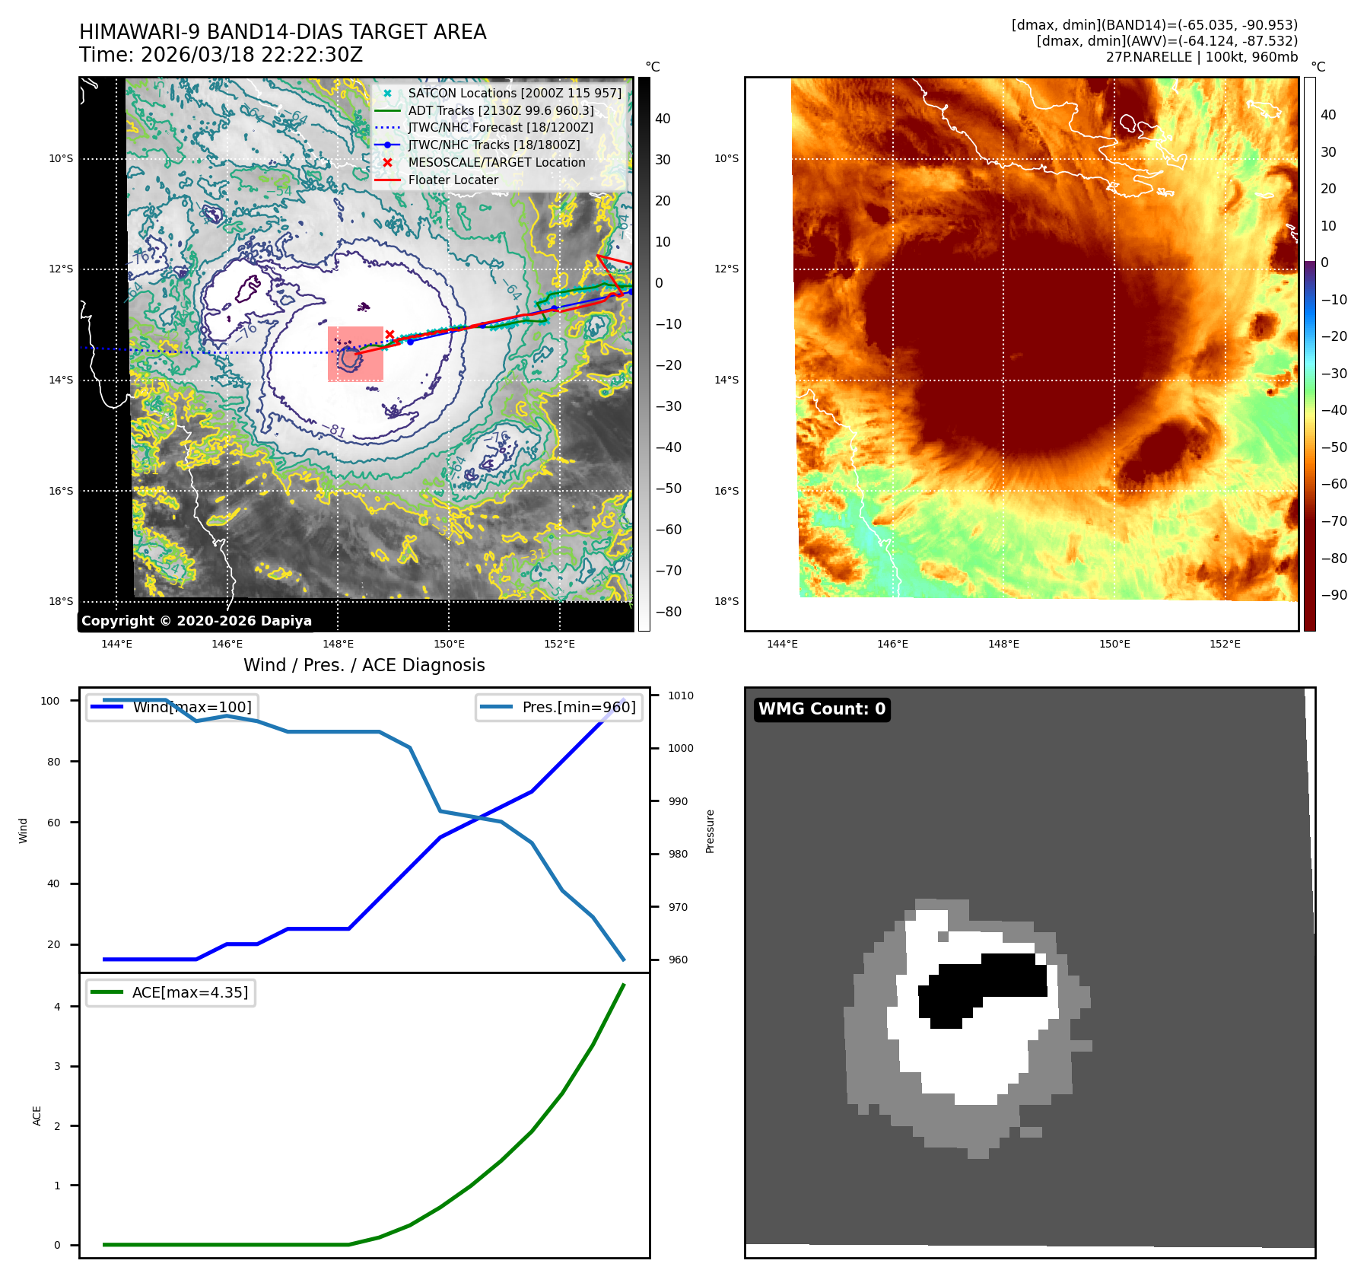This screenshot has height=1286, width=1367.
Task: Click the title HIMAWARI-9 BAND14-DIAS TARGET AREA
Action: pyautogui.click(x=282, y=32)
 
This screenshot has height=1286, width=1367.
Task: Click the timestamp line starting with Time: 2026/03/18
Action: pyautogui.click(x=221, y=56)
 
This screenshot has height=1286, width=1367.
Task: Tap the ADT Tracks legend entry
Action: pyautogui.click(x=501, y=110)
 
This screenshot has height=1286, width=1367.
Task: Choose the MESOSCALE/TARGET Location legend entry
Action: pyautogui.click(x=496, y=162)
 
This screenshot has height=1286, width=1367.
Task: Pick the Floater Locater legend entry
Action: pyautogui.click(x=453, y=180)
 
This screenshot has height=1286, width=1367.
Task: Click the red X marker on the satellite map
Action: pyautogui.click(x=389, y=334)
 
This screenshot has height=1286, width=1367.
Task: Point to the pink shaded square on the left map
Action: pyautogui.click(x=355, y=354)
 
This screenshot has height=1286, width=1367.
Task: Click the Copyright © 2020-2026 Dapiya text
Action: pyautogui.click(x=196, y=621)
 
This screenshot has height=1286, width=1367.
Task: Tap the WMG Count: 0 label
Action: pyautogui.click(x=822, y=709)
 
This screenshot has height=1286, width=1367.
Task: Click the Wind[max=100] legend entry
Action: pyautogui.click(x=192, y=707)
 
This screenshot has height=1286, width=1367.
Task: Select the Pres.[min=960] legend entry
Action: pyautogui.click(x=578, y=707)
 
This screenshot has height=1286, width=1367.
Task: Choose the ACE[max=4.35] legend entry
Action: pyautogui.click(x=189, y=992)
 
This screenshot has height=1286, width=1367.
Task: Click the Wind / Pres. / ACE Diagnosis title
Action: pyautogui.click(x=364, y=665)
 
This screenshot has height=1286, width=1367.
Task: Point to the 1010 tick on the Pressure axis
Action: pyautogui.click(x=681, y=696)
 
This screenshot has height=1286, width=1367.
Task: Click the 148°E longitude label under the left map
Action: pyautogui.click(x=338, y=644)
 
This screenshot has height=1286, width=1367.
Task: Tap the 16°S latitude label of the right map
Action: pyautogui.click(x=726, y=491)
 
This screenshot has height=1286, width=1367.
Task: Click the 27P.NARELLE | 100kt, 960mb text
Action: pyautogui.click(x=1201, y=57)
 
